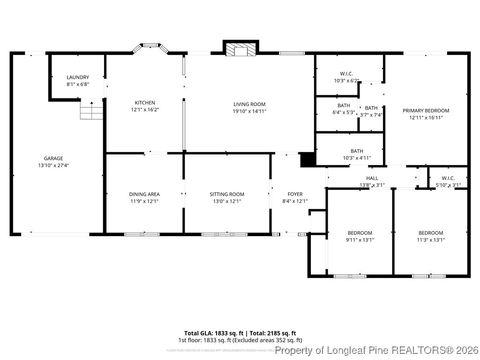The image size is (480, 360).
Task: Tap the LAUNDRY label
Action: coord(78,78)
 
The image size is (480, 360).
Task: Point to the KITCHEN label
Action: coord(145,102)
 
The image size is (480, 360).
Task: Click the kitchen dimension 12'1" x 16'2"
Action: coord(145,109)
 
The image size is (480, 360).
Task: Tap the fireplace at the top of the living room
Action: coord(238,49)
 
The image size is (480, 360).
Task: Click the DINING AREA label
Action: coord(145,194)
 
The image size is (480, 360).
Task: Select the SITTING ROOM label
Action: coord(226,194)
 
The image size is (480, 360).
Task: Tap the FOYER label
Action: coord(295,194)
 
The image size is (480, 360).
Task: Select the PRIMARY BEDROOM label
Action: coord(426,110)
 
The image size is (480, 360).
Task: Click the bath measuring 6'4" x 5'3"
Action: coord(343,108)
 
